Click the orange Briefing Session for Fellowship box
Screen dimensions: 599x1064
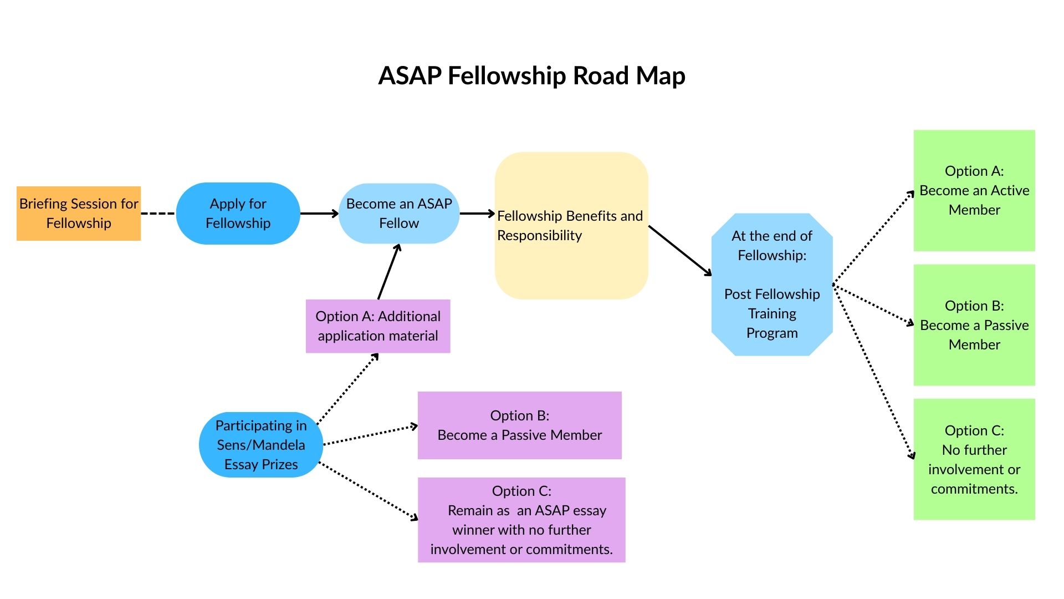(79, 214)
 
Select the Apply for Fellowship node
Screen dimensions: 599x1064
(238, 214)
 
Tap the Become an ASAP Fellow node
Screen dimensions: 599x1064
(399, 214)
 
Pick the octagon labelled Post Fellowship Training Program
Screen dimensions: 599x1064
(771, 285)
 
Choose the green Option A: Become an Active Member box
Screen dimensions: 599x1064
(974, 190)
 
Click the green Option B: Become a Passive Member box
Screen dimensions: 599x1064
(974, 325)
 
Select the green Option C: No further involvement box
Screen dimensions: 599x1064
(974, 459)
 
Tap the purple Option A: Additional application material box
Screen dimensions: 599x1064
(378, 326)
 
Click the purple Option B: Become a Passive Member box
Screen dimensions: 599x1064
(519, 425)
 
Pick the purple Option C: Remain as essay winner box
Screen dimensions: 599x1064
(521, 520)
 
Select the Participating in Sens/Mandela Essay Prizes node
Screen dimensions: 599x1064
(260, 445)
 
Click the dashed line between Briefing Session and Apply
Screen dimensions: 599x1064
(158, 214)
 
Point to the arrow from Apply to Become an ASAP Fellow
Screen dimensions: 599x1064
(318, 214)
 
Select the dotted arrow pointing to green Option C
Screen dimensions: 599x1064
(873, 372)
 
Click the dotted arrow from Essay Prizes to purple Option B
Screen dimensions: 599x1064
(370, 435)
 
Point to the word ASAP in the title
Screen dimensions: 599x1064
(410, 76)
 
